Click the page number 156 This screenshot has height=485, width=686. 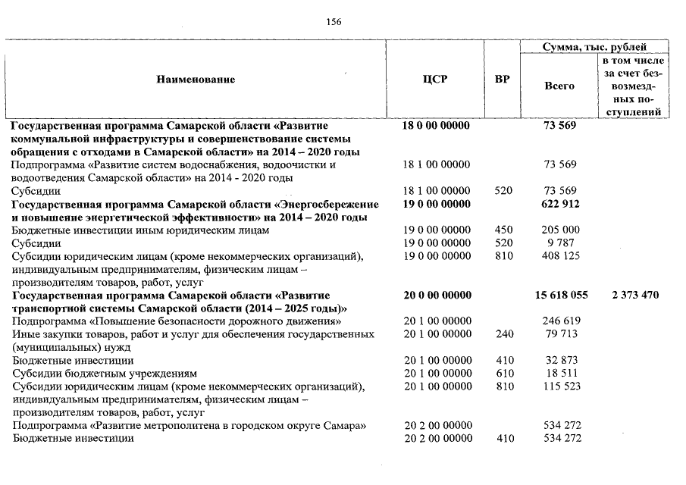334,22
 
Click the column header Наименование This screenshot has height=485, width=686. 196,79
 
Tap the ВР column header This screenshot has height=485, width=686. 502,79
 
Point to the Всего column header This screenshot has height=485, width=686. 559,86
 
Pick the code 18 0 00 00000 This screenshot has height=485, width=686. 435,125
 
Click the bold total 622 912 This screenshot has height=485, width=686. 560,204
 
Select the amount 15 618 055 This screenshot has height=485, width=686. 560,295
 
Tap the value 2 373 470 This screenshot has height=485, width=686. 634,295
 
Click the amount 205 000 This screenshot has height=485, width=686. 561,230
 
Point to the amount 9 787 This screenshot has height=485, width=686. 561,242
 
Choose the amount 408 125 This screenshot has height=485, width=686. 561,256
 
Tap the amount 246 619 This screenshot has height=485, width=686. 561,321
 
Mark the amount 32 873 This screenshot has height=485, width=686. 561,361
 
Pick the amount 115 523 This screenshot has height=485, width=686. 561,387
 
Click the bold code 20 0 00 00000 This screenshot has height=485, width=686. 435,295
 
